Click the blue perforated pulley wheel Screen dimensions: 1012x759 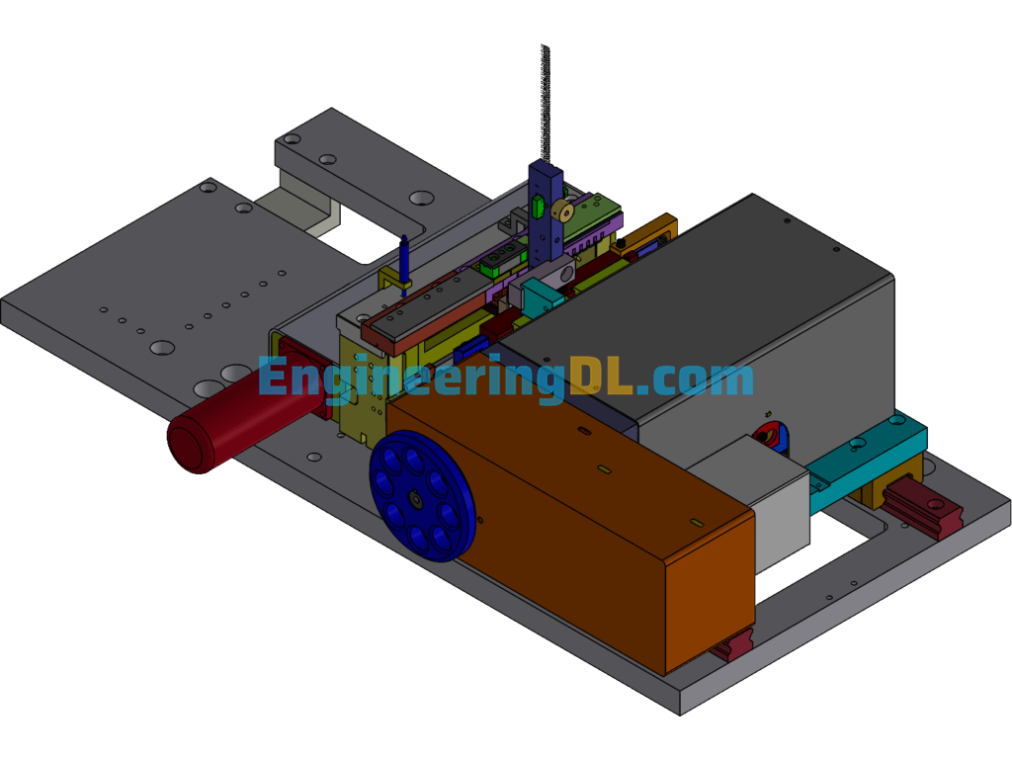(422, 496)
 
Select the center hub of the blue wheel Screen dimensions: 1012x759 (414, 498)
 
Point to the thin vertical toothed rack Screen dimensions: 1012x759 (546, 103)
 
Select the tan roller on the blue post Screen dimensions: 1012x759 (563, 211)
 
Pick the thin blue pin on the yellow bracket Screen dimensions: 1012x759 (404, 265)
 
